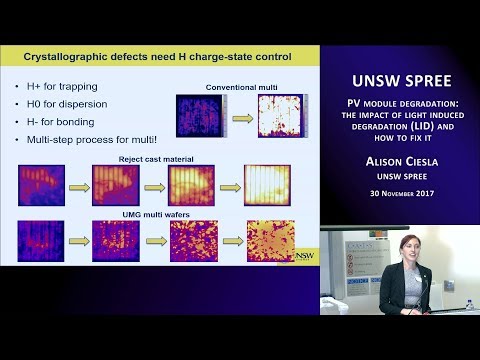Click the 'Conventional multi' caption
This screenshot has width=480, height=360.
coord(239,86)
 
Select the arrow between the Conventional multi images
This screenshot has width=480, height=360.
coord(232,115)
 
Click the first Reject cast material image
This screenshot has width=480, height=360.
coord(41,185)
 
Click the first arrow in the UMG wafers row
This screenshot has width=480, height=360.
coord(78,236)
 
